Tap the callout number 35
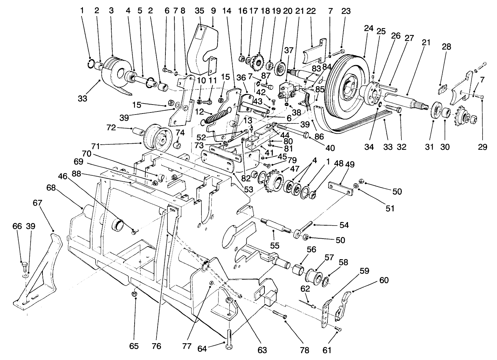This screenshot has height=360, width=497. pyautogui.click(x=200, y=11)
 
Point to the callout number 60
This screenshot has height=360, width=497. pyautogui.click(x=384, y=280)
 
